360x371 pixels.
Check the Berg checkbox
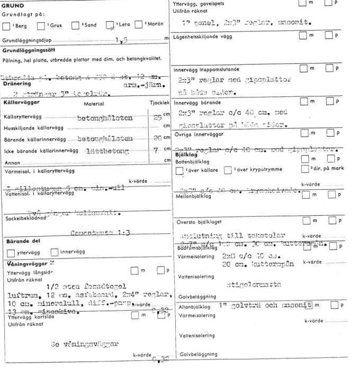[6, 25]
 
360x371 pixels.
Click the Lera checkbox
[110, 25]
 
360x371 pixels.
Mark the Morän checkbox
[138, 25]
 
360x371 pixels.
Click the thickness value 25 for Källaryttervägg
[157, 117]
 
